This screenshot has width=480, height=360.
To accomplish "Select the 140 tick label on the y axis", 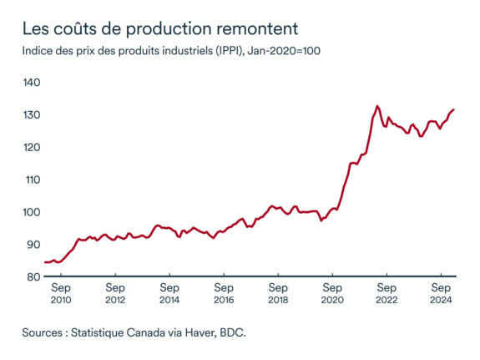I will (x=32, y=83).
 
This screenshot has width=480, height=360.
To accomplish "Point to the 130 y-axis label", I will (x=32, y=115).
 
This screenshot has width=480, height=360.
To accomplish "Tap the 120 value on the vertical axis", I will (x=32, y=147).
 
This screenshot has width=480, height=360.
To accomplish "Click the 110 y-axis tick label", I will (x=32, y=180).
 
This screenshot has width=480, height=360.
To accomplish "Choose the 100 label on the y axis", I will (x=32, y=212).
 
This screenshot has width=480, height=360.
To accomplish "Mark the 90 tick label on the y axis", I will (x=32, y=244).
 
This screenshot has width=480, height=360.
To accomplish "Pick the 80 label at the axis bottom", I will (x=32, y=276).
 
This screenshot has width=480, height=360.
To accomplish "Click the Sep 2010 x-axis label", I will (x=61, y=292).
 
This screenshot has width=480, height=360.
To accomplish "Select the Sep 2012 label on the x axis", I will (x=115, y=292).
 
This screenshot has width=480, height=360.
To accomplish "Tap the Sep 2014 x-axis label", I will (x=169, y=292).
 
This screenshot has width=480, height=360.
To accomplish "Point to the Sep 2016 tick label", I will (x=224, y=292).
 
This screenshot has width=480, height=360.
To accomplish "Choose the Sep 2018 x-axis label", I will (x=278, y=292).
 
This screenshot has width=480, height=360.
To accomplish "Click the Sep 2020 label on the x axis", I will (x=332, y=292).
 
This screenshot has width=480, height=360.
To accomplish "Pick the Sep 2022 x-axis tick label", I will (x=387, y=292).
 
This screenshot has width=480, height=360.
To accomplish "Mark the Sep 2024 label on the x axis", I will (x=441, y=292).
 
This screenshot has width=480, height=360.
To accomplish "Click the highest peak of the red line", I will (x=377, y=106).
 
